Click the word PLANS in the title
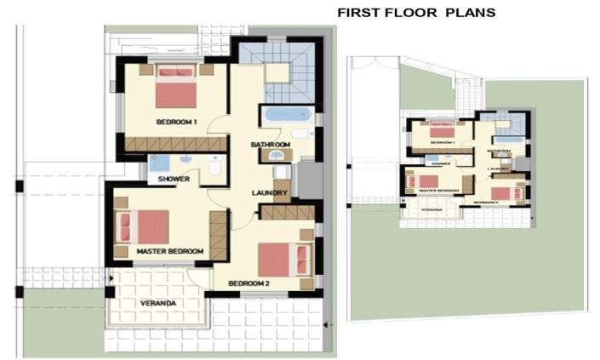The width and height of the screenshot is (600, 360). (471, 13)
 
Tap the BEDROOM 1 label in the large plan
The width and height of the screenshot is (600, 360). (176, 123)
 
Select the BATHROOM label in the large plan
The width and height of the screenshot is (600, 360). (271, 146)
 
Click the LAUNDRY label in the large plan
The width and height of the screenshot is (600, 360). (270, 193)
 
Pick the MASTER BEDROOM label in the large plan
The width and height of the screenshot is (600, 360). (170, 251)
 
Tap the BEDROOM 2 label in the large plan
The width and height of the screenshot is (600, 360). (248, 283)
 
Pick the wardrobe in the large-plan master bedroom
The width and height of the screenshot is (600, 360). (219, 237)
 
